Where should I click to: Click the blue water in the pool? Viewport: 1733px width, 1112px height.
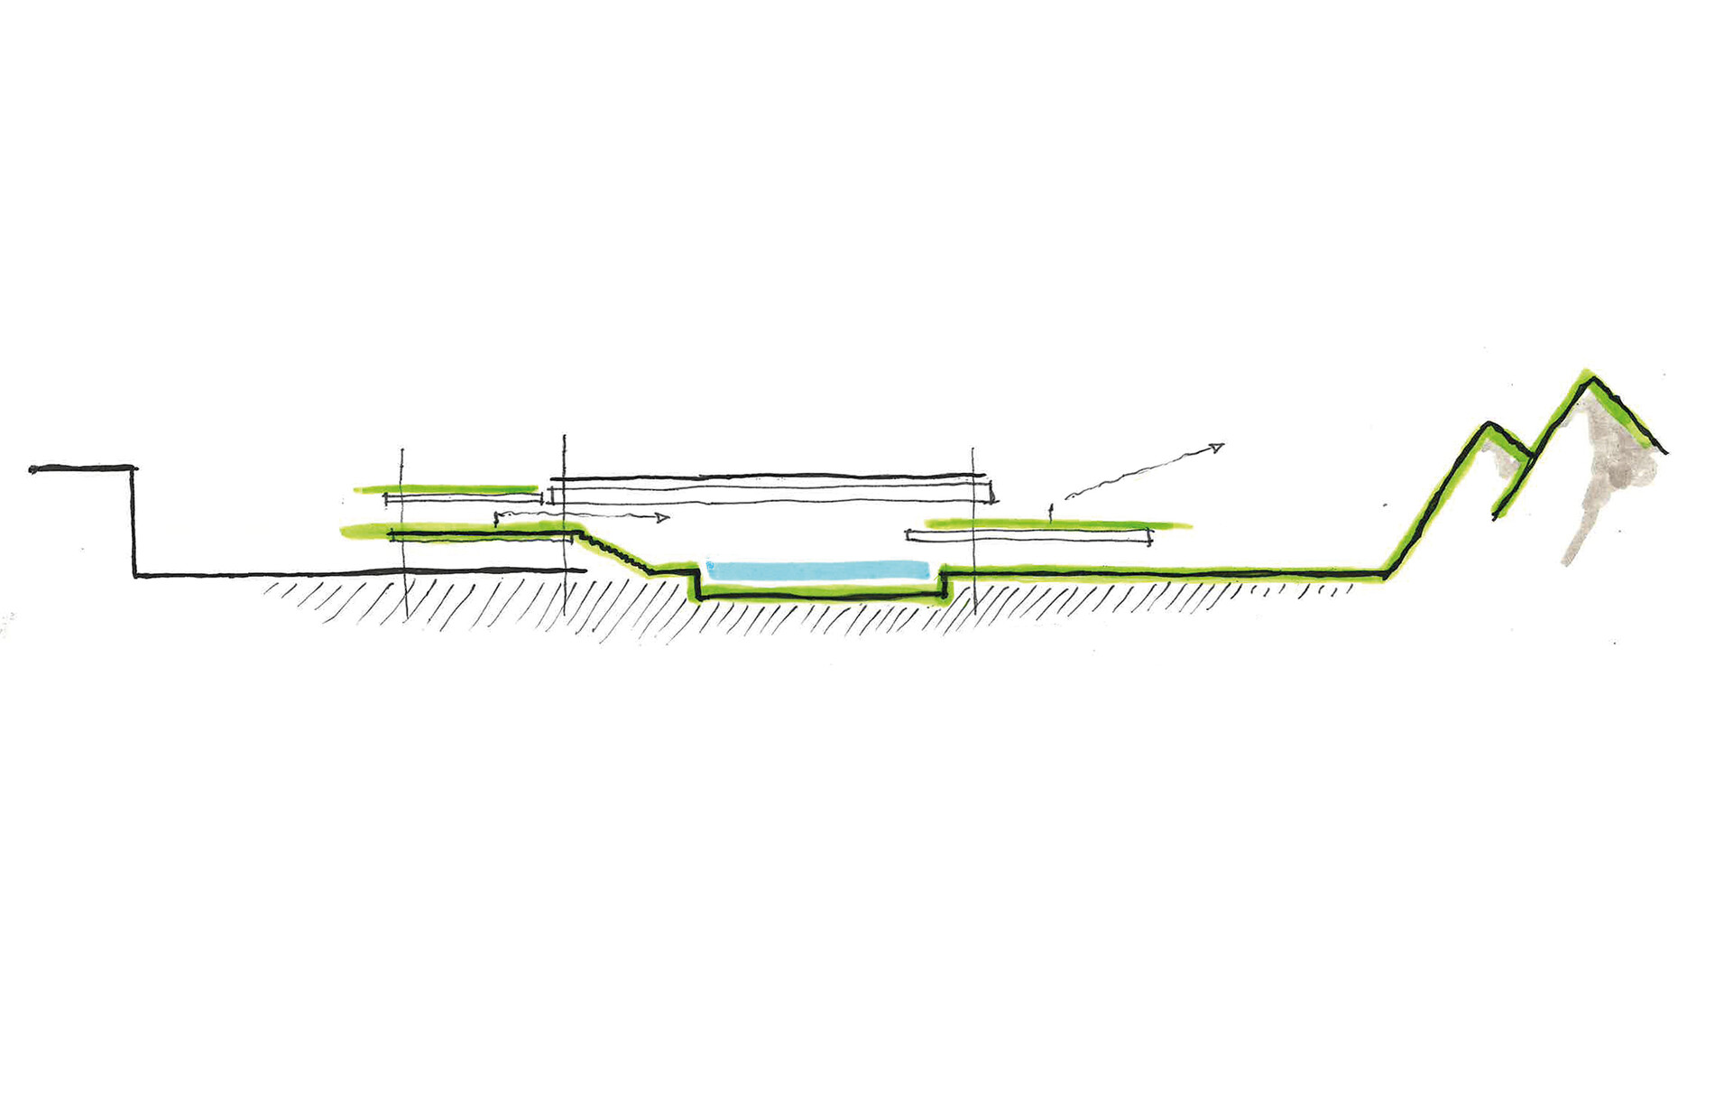pyautogui.click(x=817, y=570)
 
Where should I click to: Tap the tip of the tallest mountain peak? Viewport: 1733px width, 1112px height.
pyautogui.click(x=1590, y=374)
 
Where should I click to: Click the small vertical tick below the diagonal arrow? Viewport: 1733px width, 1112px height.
pyautogui.click(x=1050, y=512)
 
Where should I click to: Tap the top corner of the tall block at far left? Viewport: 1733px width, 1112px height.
pyautogui.click(x=134, y=468)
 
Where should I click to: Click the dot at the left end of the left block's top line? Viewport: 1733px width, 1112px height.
pyautogui.click(x=32, y=469)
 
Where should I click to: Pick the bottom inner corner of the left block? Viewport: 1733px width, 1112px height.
pyautogui.click(x=135, y=574)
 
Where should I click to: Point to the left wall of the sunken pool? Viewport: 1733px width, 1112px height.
pyautogui.click(x=697, y=582)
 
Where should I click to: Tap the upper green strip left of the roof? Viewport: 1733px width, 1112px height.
pyautogui.click(x=447, y=489)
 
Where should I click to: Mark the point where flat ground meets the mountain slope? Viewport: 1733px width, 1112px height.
pyautogui.click(x=1385, y=574)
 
